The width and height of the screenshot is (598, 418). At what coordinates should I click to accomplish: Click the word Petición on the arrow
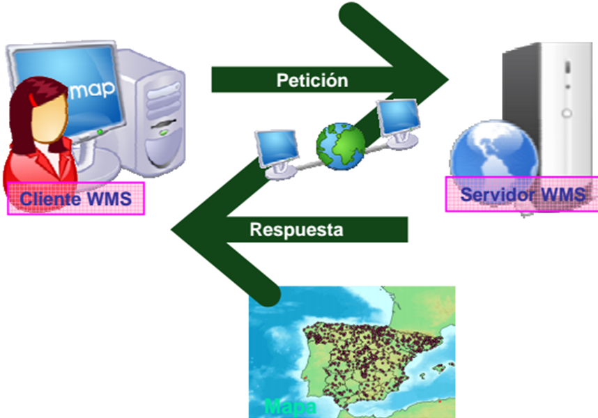(312, 80)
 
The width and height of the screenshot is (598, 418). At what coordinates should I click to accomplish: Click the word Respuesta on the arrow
(296, 230)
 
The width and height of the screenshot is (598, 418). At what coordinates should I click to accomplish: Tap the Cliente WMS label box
(75, 199)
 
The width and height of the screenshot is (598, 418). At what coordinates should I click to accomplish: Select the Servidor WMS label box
(522, 194)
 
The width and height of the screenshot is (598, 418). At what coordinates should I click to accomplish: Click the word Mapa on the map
(290, 406)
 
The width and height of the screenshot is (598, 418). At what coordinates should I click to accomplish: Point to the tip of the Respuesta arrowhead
(172, 229)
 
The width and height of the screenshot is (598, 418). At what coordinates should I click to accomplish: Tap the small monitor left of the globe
(277, 147)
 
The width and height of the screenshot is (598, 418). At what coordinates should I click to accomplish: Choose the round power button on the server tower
(567, 112)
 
